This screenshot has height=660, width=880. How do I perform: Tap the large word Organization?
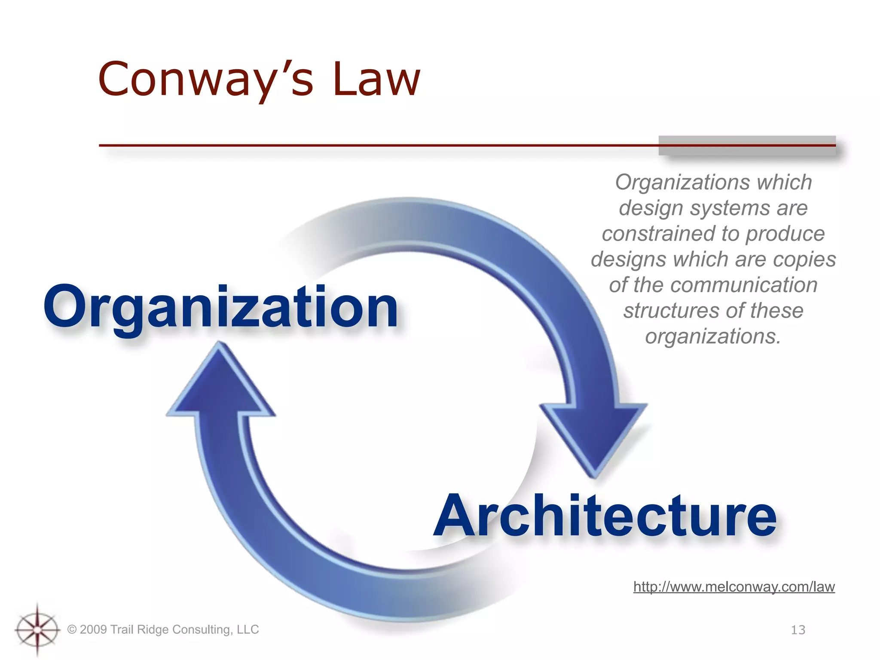click(220, 307)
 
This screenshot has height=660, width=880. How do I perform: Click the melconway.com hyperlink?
click(734, 587)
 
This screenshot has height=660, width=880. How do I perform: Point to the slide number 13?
click(798, 630)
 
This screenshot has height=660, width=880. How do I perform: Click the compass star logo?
click(37, 630)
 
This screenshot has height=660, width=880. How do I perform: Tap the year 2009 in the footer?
click(93, 629)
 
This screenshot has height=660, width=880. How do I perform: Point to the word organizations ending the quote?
click(713, 336)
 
